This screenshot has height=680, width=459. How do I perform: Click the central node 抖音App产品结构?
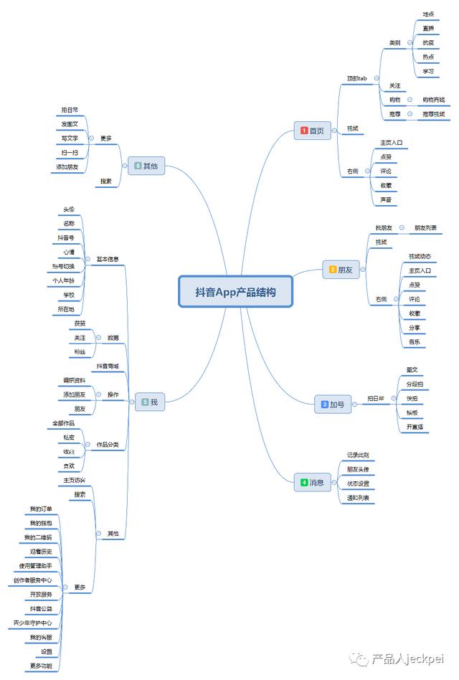point(235,292)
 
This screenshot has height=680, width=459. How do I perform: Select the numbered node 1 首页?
point(312,131)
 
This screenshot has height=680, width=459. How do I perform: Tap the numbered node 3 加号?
point(333,405)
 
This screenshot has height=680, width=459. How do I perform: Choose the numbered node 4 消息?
point(312,483)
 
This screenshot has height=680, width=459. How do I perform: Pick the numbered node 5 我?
point(149,402)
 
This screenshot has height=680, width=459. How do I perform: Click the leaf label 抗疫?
point(428,43)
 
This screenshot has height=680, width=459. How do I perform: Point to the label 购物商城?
point(433,100)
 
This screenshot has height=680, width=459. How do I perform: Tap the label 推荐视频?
point(433,114)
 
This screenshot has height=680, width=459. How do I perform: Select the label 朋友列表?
point(425,228)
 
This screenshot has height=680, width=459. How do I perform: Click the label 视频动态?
point(420,256)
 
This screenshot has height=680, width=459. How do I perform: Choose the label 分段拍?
point(415,384)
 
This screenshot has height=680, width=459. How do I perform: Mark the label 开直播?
point(415,427)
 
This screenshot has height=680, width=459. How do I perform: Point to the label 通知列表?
point(358,498)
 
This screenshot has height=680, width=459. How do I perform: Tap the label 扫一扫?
point(70,153)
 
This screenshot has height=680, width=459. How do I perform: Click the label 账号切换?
point(63,266)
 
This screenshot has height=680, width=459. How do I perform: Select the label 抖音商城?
point(108,366)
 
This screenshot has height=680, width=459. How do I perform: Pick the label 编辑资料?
point(74,380)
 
